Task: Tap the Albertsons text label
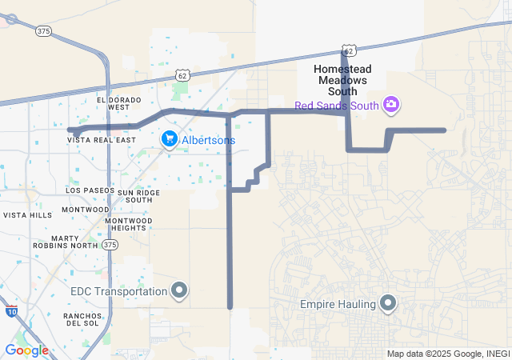tap(208, 140)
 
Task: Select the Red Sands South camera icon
tap(391, 104)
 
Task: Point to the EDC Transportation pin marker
tap(180, 291)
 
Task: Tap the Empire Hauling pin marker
tap(389, 303)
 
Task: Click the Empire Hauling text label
tap(337, 304)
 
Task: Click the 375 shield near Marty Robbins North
tap(110, 244)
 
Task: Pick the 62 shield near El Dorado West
tap(183, 75)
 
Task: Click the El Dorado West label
tap(118, 103)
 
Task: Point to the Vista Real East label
tap(102, 139)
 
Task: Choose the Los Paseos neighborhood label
tap(87, 190)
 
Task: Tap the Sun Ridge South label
tap(139, 196)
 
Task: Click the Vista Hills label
tap(27, 215)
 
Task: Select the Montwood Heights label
tap(128, 224)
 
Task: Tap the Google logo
tap(26, 350)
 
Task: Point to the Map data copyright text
tap(448, 354)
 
